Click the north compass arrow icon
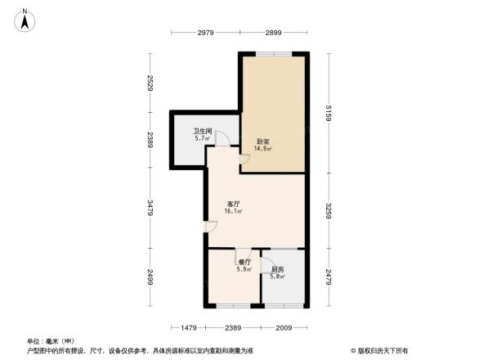point(26,18)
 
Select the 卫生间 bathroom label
point(203,130)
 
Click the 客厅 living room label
point(233,203)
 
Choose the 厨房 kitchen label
point(277,268)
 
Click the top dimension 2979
point(205,33)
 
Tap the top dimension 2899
point(273,33)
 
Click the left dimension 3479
point(150,208)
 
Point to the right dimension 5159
point(329,113)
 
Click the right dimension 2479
point(329,277)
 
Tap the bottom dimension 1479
point(189,327)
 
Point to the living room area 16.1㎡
point(233,211)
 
